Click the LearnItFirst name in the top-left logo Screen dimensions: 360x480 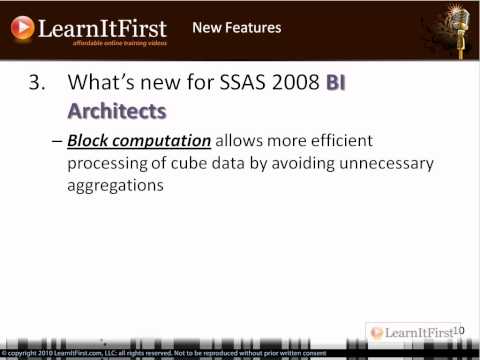pos(102,26)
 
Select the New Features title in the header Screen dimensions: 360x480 pos(236,27)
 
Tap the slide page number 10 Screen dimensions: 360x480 pos(461,330)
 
